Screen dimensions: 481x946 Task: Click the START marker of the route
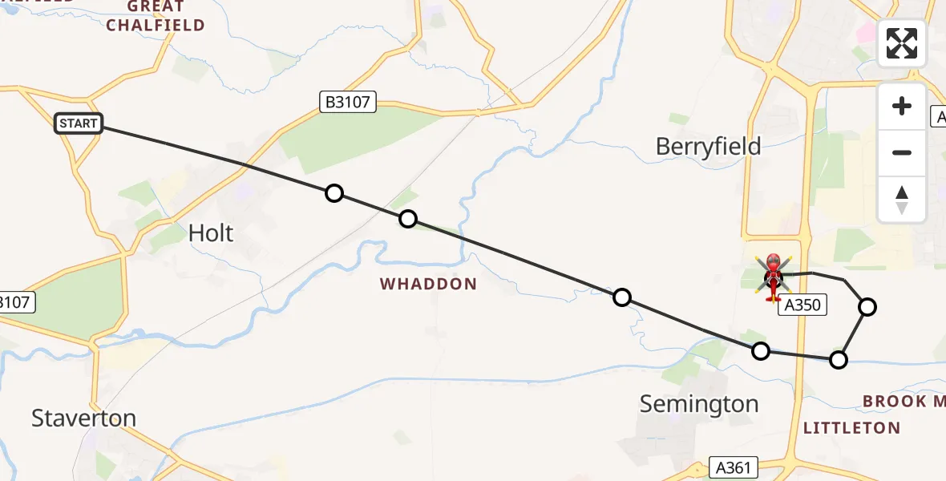[x=79, y=123]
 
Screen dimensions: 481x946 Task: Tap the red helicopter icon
[x=774, y=277]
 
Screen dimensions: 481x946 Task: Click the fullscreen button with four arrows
[x=902, y=43]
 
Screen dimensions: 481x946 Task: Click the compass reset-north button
[x=902, y=199]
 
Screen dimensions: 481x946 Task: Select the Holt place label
[x=211, y=233]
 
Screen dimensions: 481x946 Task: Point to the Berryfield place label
[x=708, y=147]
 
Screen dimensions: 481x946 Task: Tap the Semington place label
[x=699, y=405]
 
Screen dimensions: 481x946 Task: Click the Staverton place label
[x=83, y=418]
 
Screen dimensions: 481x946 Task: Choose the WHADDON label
[x=428, y=284]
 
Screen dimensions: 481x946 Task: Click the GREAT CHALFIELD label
[x=156, y=16]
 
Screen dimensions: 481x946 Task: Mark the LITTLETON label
[x=851, y=428]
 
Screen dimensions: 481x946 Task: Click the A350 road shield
[x=802, y=305]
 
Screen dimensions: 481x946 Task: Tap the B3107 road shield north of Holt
[x=347, y=102]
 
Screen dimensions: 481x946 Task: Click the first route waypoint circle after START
[x=334, y=193]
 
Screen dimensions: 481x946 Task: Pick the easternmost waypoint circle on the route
[x=867, y=306]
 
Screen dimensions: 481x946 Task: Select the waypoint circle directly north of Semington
[x=761, y=350]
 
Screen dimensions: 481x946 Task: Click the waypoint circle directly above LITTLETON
[x=838, y=359]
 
